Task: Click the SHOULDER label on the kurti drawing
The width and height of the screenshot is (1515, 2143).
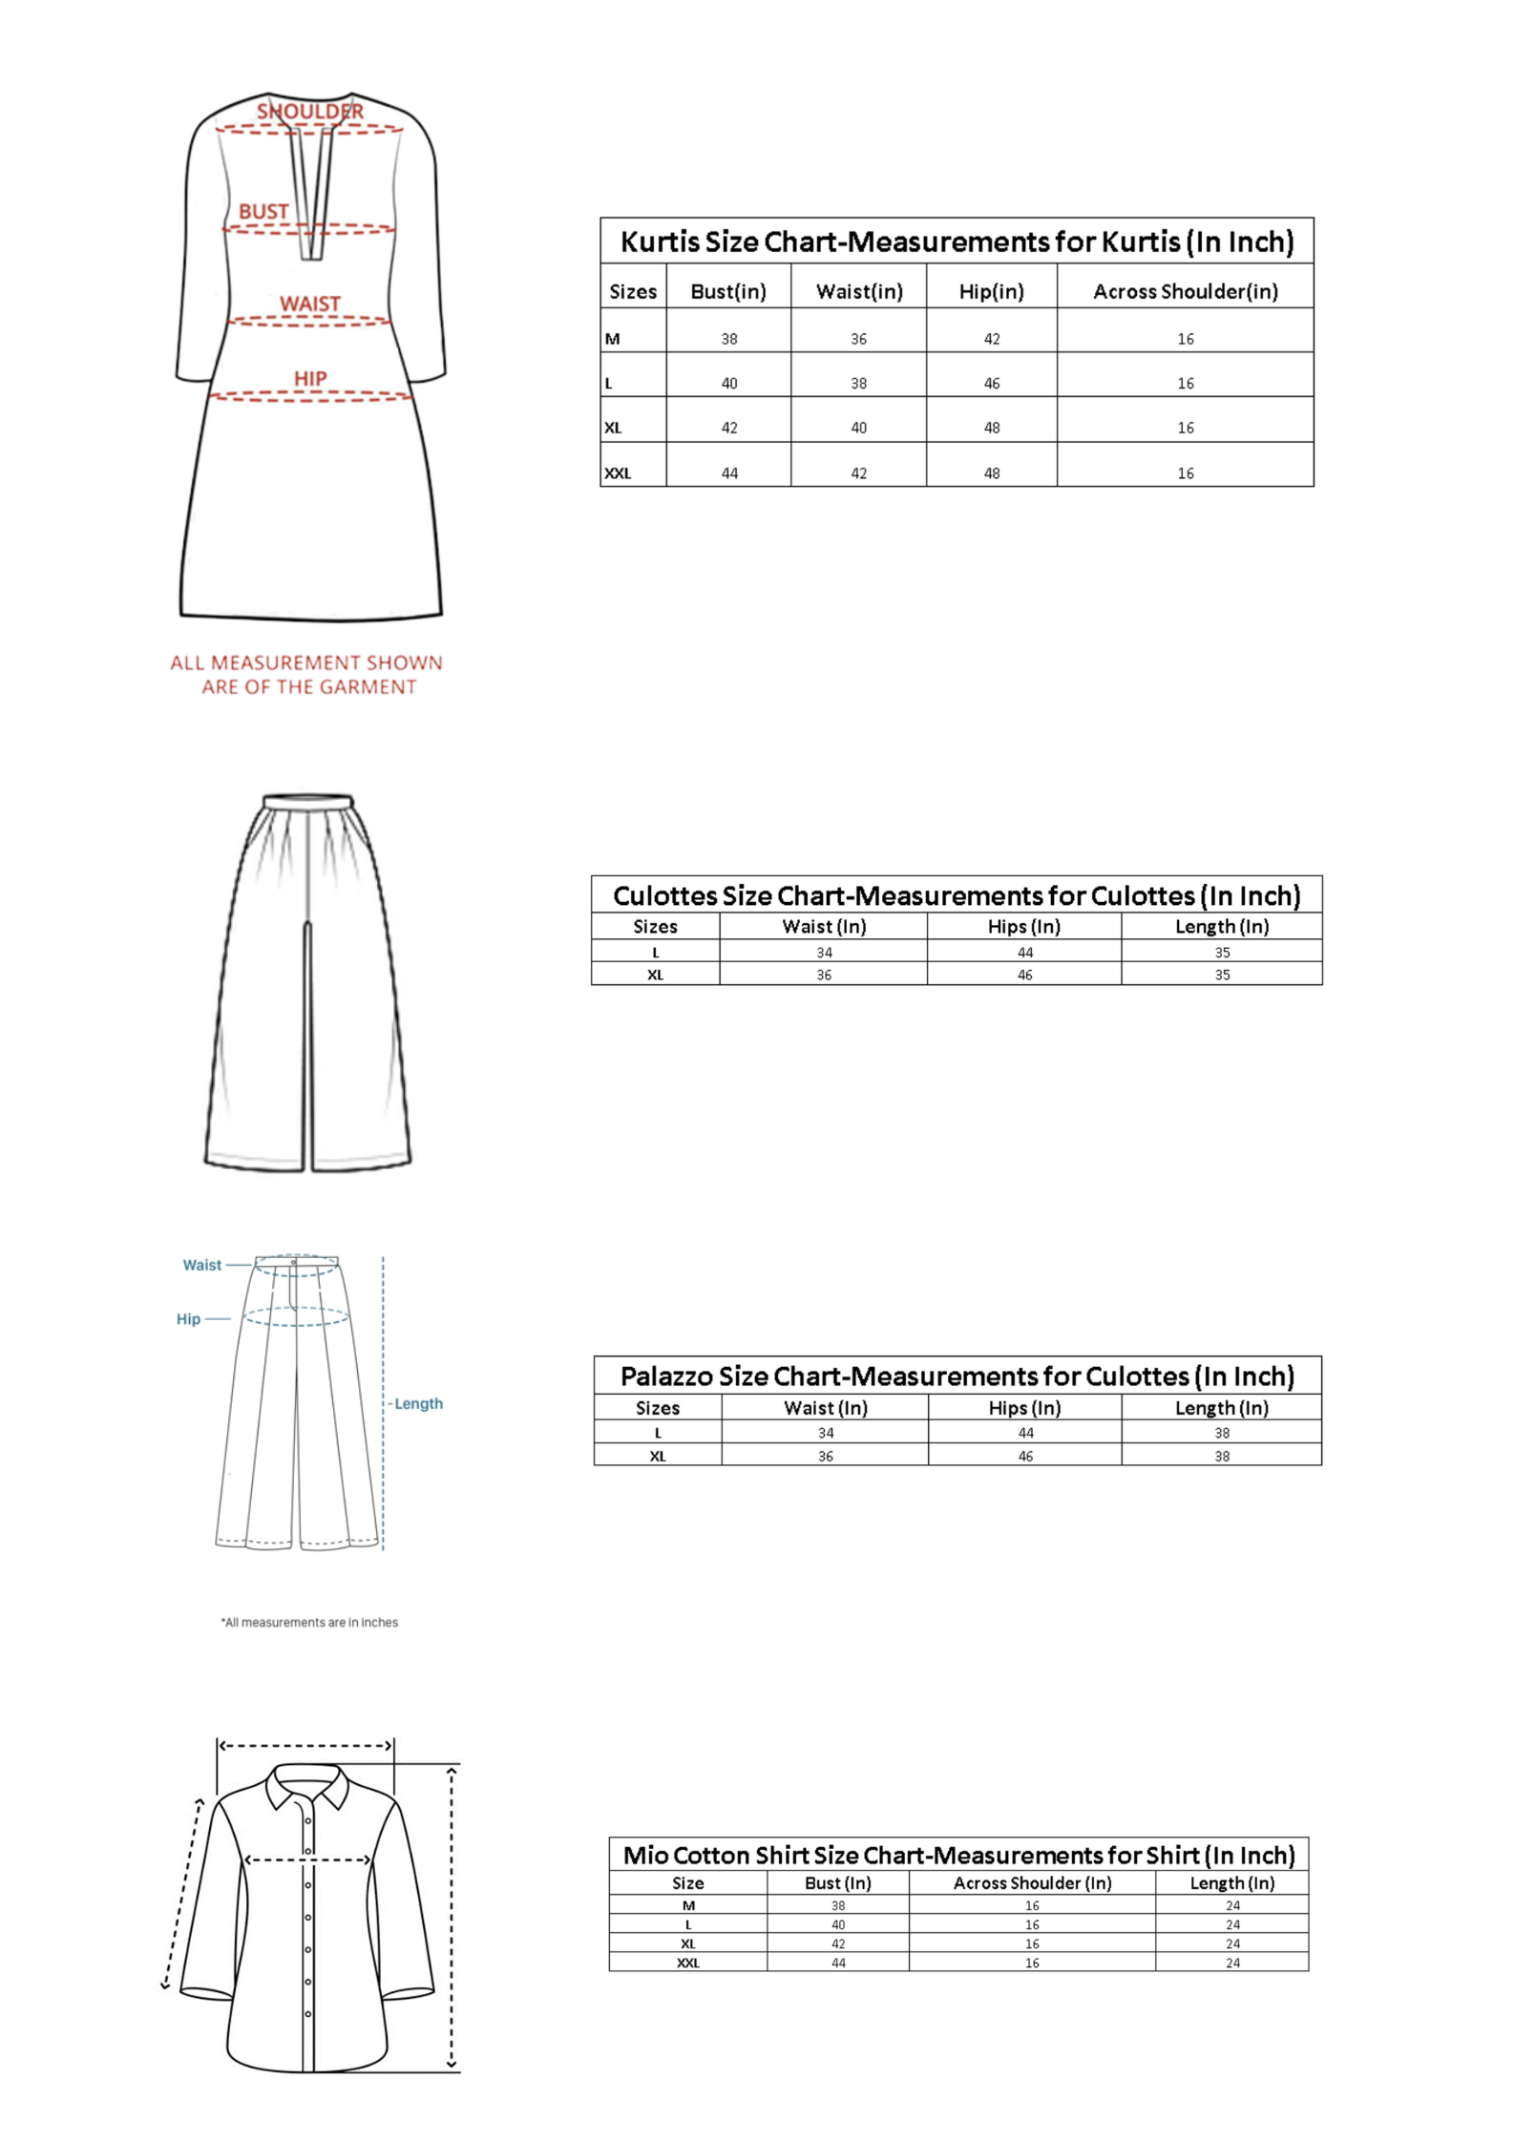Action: [x=309, y=112]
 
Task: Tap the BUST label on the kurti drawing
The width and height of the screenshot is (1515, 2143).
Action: [x=263, y=212]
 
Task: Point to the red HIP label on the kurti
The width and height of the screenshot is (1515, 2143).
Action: [x=310, y=379]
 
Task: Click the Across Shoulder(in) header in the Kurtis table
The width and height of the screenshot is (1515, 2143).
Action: [x=1185, y=291]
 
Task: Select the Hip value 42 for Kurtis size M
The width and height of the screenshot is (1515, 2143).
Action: [x=992, y=339]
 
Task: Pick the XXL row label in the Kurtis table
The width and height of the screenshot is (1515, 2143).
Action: [x=618, y=473]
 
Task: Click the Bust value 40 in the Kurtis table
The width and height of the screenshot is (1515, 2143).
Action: [x=729, y=384]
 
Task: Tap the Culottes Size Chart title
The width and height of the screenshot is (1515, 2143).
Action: [x=957, y=895]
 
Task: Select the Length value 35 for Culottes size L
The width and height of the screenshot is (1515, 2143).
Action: [x=1222, y=953]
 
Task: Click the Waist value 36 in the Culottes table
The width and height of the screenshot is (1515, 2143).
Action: [x=824, y=975]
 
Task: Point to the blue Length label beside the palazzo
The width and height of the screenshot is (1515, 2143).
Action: [x=418, y=1403]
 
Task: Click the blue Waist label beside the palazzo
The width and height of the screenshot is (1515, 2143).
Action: [x=202, y=1265]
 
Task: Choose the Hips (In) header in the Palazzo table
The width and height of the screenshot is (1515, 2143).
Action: [x=1024, y=1407]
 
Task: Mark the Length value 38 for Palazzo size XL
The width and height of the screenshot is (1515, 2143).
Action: [x=1222, y=1456]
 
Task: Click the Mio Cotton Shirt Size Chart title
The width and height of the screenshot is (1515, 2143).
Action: [x=958, y=1855]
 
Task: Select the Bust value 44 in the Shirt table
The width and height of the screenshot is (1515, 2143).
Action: [x=838, y=1963]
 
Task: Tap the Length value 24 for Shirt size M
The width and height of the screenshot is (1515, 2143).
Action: [x=1232, y=1905]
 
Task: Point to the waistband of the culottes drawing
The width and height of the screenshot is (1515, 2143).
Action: [x=308, y=801]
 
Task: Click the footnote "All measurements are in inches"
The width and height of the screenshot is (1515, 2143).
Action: [x=309, y=1622]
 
